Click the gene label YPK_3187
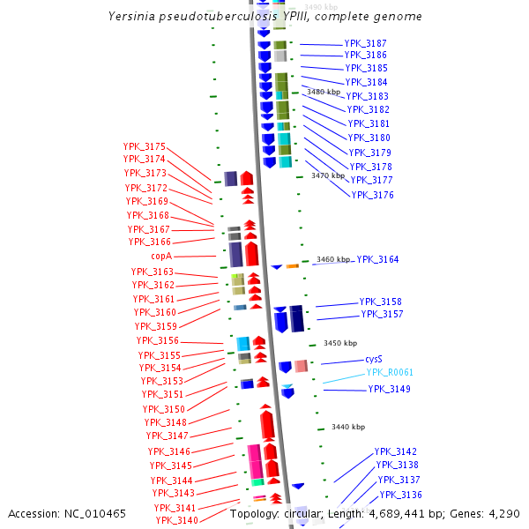[x=365, y=43]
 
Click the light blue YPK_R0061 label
[x=390, y=373]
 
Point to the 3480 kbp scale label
[x=323, y=92]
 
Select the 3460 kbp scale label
[x=333, y=259]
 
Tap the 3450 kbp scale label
[x=340, y=343]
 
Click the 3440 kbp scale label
[x=348, y=427]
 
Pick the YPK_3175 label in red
[x=144, y=146]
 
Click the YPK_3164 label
[x=377, y=259]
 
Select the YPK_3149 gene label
[x=389, y=389]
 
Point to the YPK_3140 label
[x=175, y=520]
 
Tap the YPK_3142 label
[x=396, y=451]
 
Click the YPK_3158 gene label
[x=381, y=302]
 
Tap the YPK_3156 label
[x=157, y=340]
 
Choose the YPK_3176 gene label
[x=372, y=195]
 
